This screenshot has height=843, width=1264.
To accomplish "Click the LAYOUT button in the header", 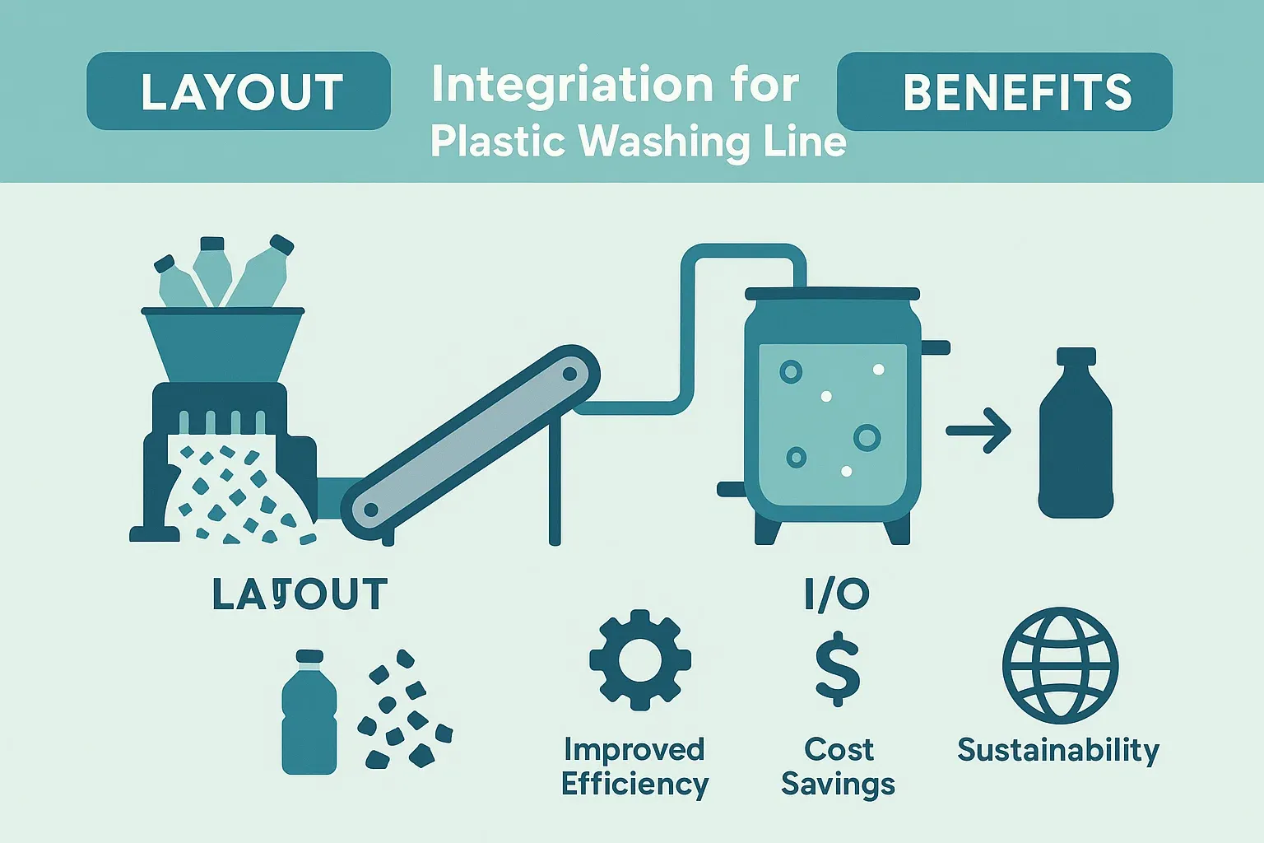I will coord(239,91).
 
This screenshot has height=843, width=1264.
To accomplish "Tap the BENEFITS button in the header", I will coord(1004,91).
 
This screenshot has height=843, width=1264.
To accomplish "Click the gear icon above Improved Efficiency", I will coord(640,659).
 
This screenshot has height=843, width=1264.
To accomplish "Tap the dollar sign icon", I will coord(838,668).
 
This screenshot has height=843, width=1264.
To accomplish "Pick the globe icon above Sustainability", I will coord(1060,666).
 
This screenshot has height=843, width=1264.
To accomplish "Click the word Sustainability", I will coord(1058,750).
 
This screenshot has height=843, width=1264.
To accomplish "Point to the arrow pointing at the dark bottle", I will coord(979,431).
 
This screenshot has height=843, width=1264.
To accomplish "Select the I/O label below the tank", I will coord(837,594).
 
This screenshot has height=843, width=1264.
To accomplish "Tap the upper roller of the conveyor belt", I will coord(569,374).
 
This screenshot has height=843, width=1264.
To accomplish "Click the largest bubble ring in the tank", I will coord(867,437).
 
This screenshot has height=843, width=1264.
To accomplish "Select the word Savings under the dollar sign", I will coord(838,785).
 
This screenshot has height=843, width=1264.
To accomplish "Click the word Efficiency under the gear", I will coord(634,785).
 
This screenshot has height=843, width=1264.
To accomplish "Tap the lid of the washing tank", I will coord(832,294).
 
